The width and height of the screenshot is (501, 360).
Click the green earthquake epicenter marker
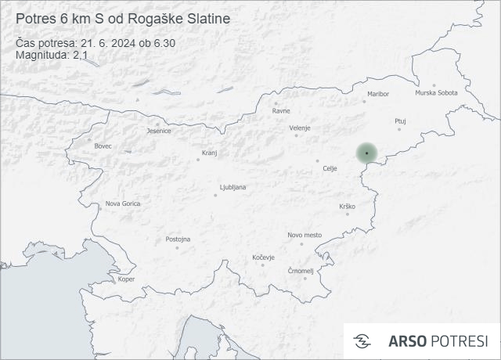[366, 153]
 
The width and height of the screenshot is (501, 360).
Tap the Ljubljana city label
[233, 188]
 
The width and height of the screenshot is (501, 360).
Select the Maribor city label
[377, 94]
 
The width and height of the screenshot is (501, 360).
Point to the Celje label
[330, 167]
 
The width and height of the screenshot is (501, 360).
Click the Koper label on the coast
[126, 279]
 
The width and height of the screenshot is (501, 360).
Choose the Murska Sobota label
[436, 93]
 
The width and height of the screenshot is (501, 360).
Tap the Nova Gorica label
[124, 203]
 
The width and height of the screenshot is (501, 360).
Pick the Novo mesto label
[305, 235]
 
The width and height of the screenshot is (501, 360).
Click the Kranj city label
[209, 153]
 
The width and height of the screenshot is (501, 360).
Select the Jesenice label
[159, 131]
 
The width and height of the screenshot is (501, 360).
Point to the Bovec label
[103, 146]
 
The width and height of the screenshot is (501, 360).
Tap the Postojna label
[178, 239]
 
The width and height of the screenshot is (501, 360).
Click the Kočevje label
[264, 257]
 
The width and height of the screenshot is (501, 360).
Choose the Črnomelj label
[301, 271]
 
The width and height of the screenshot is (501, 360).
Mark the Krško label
[348, 206]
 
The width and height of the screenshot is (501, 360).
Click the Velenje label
[300, 128]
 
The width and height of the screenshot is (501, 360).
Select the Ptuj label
[401, 121]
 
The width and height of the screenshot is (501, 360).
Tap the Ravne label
[281, 110]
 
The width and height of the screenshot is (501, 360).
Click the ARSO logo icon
[362, 341]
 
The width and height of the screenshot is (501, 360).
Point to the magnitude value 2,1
[80, 56]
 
